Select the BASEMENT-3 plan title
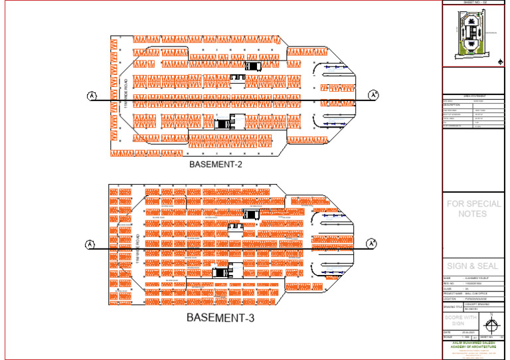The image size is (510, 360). click(x=220, y=317)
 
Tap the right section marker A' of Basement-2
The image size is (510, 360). click(x=374, y=95)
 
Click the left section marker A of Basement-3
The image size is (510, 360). click(x=91, y=245)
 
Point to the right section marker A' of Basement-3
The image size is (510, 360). click(x=375, y=244)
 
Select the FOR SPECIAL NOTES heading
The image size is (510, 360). click(x=473, y=209)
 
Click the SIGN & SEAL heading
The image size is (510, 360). click(x=472, y=266)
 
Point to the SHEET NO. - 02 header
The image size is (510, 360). click(x=475, y=3)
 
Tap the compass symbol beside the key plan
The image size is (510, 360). click(x=500, y=62)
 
